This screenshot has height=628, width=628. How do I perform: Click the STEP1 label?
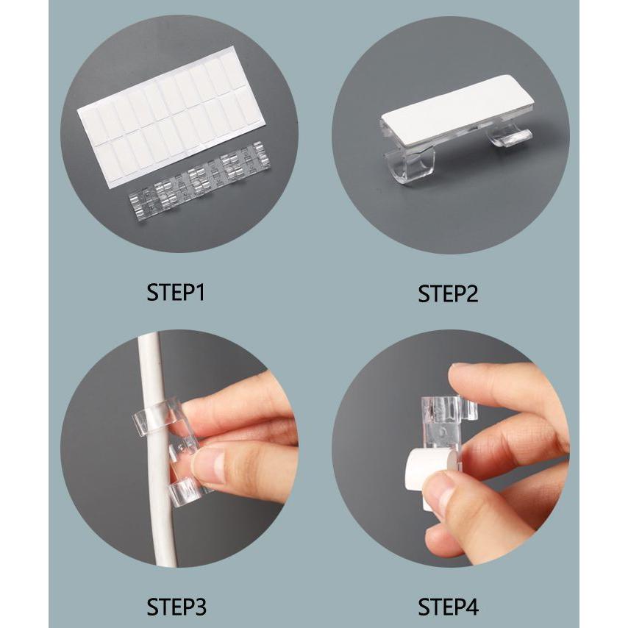[176, 293]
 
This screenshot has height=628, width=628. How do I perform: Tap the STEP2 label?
[448, 293]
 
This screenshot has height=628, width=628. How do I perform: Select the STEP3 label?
[176, 607]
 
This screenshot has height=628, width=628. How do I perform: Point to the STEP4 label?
[448, 607]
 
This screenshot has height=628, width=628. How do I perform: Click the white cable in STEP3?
[156, 449]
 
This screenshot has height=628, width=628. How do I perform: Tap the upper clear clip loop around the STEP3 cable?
[158, 418]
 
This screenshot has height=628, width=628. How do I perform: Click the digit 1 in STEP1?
[199, 293]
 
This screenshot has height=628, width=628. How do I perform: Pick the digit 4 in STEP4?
[471, 607]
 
